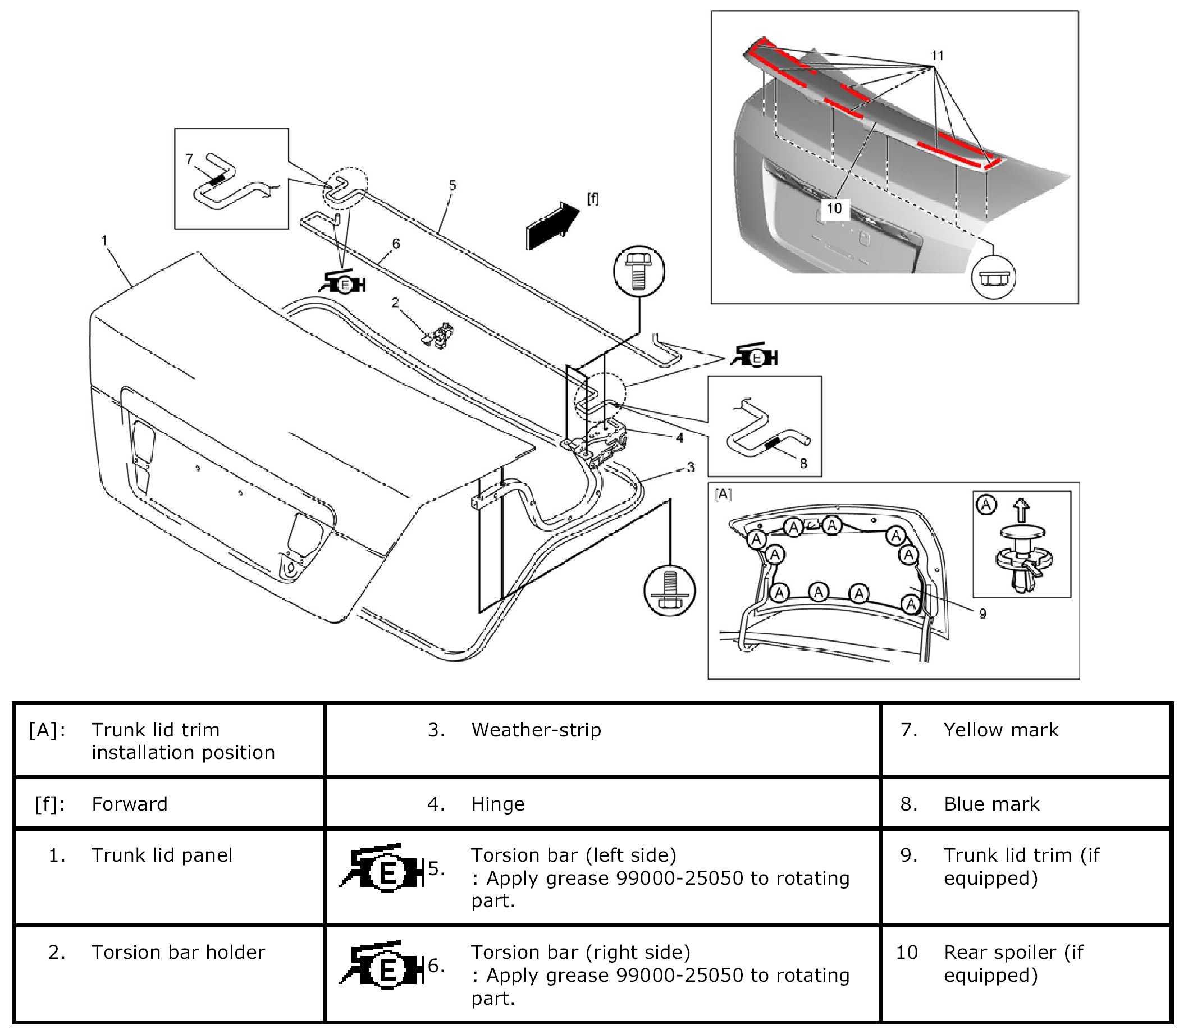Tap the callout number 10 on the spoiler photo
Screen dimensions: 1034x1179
point(834,208)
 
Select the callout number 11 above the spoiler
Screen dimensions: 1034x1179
point(938,56)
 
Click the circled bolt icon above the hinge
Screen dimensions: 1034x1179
point(638,271)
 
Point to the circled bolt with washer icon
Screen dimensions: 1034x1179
point(669,590)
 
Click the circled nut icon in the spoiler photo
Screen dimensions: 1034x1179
point(993,277)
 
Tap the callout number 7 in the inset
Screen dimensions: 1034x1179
point(189,159)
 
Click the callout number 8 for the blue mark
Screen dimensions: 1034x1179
point(803,463)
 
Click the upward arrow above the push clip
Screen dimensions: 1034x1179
point(1022,510)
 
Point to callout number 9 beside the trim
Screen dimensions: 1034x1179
point(982,614)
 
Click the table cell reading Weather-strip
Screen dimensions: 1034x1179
point(536,730)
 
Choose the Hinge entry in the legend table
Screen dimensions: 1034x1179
point(498,804)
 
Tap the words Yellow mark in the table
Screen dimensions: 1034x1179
point(1001,730)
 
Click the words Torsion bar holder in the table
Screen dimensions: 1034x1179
point(178,952)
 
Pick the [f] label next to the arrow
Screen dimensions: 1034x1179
point(592,199)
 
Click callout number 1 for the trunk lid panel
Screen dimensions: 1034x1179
point(104,240)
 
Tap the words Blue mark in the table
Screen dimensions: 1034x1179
point(991,804)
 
